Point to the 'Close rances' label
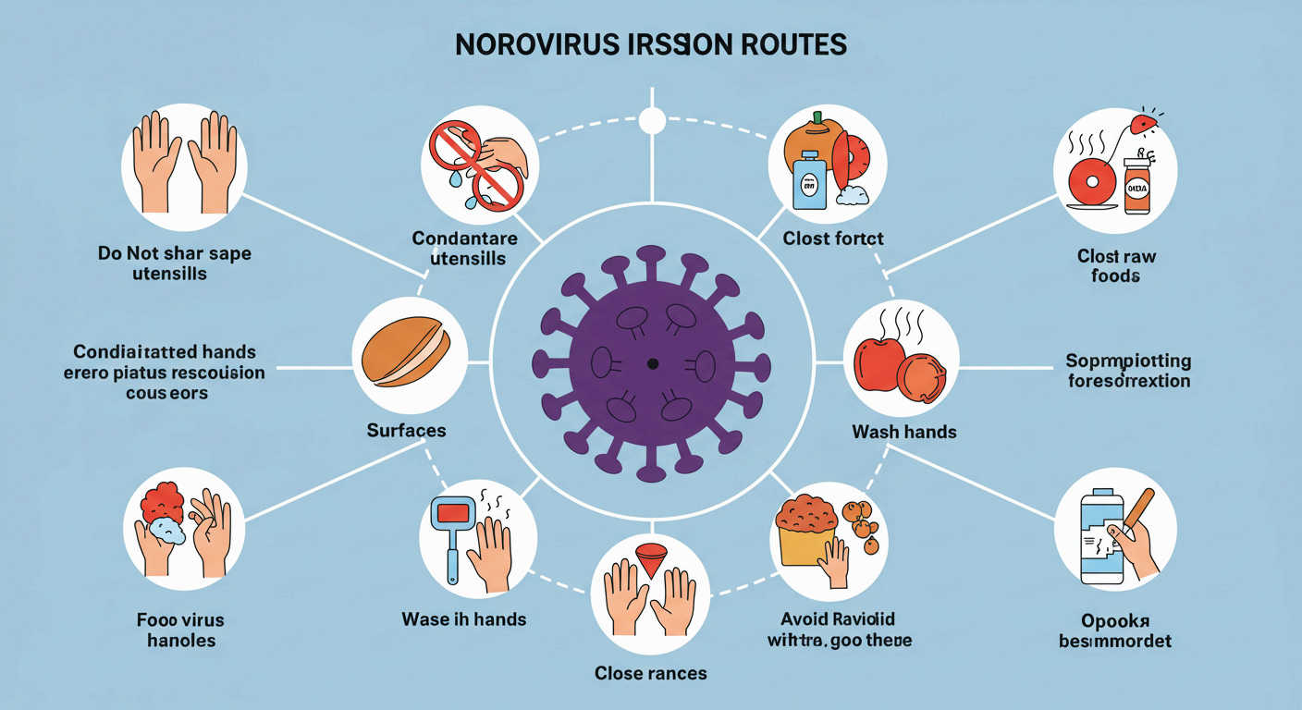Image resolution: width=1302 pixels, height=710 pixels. (x=651, y=672)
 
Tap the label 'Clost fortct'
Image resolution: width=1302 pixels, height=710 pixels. (x=833, y=239)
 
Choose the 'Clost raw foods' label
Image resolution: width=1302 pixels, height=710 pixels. (x=1116, y=266)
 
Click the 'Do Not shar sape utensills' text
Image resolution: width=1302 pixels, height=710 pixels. (x=175, y=263)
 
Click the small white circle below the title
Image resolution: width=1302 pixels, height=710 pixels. (x=652, y=120)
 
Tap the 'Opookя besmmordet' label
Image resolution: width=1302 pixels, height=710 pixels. (x=1115, y=629)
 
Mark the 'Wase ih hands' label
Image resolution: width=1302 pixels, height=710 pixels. (x=465, y=618)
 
